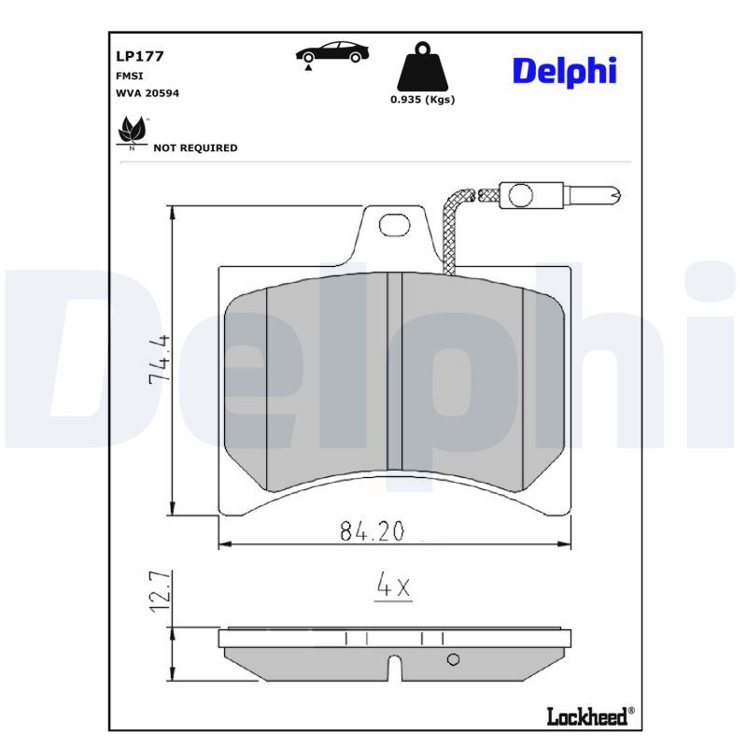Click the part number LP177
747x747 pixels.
pyautogui.click(x=139, y=56)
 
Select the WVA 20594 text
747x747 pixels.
pyautogui.click(x=148, y=93)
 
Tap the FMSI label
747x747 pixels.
pyautogui.click(x=129, y=77)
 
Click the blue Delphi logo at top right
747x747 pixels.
pyautogui.click(x=565, y=72)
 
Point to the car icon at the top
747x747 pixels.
pyautogui.click(x=332, y=52)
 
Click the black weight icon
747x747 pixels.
pyautogui.click(x=423, y=66)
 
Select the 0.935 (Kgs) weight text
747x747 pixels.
pyautogui.click(x=423, y=100)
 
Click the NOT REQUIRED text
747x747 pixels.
pyautogui.click(x=195, y=148)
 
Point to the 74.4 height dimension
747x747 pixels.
pyautogui.click(x=160, y=359)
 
